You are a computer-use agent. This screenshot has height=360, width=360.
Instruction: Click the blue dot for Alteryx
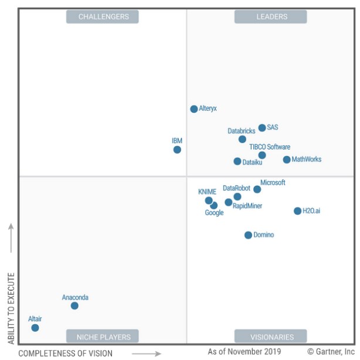tap(194, 109)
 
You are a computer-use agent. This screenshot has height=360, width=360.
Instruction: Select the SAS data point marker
tap(262, 128)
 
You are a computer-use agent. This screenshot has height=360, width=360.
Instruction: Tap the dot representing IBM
tap(177, 150)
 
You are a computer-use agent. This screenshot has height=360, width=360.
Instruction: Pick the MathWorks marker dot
tap(287, 159)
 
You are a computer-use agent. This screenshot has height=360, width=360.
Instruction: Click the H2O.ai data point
tap(297, 211)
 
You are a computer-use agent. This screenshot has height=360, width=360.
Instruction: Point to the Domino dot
tap(248, 235)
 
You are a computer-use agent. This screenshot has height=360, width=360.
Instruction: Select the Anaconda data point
tap(74, 305)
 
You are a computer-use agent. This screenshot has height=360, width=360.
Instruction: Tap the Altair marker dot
tap(35, 328)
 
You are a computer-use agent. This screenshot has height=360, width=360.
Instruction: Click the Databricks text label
tap(242, 131)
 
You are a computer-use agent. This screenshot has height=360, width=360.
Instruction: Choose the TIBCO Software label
tap(269, 147)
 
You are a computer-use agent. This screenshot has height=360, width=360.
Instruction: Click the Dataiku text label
tap(252, 162)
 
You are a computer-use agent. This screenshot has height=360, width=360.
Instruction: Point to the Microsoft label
tap(273, 183)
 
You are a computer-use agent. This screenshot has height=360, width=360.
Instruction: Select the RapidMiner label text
tap(247, 206)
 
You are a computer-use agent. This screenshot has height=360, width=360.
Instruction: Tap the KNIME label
tap(207, 192)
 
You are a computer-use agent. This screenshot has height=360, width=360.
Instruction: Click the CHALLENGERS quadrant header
tap(103, 17)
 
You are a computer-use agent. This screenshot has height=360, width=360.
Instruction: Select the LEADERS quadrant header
tap(271, 17)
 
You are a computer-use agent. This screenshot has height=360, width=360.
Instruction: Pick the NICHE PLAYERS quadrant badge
tap(103, 337)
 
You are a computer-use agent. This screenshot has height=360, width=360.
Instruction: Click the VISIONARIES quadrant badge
tap(271, 337)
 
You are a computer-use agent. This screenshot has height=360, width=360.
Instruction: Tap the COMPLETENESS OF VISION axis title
tap(65, 353)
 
